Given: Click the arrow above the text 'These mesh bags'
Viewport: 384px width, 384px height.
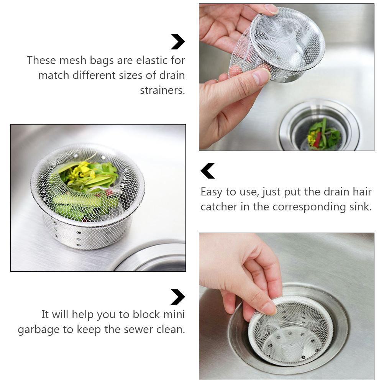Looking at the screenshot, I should point(178,42).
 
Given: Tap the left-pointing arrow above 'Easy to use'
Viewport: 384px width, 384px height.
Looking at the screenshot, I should point(208,171).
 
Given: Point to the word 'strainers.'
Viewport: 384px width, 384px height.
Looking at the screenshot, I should point(162,90).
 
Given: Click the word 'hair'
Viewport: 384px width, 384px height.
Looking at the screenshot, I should point(361,192).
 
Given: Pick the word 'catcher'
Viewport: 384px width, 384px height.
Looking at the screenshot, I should point(219,207).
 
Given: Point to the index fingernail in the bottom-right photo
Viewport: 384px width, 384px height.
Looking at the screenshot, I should point(268,307).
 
